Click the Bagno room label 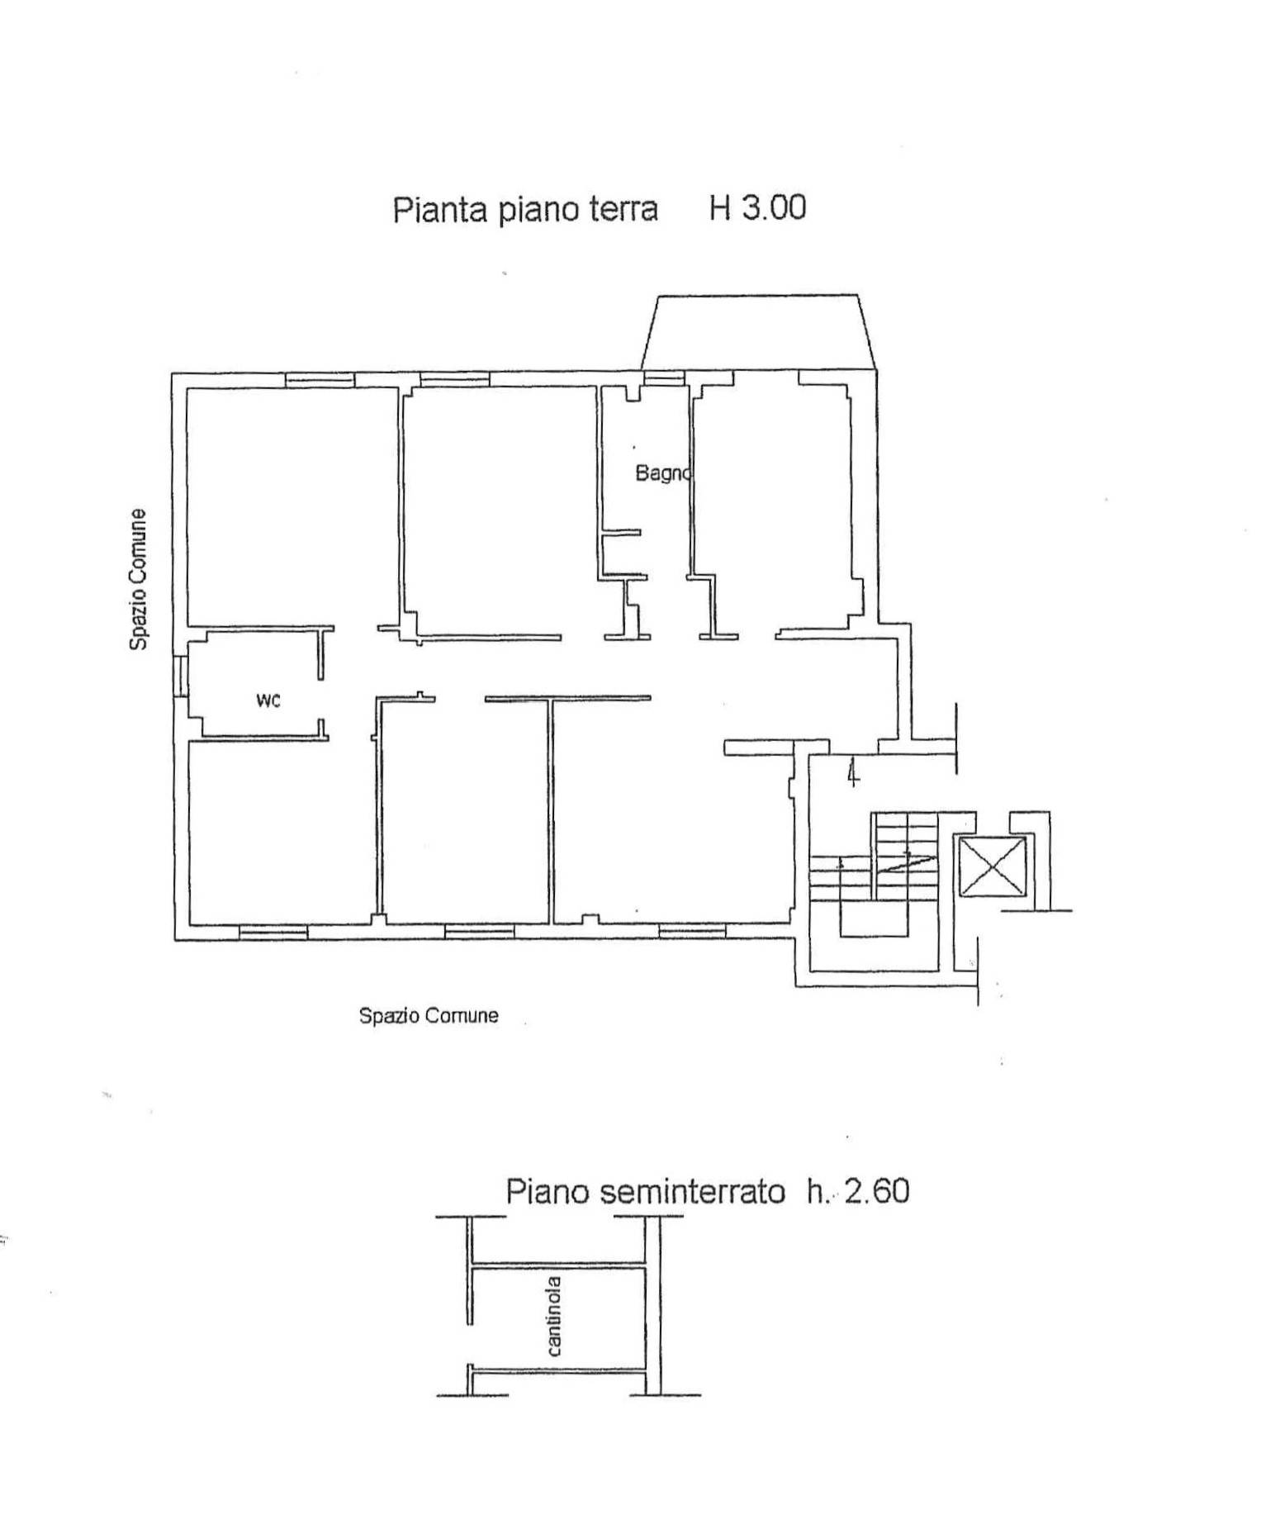click(x=661, y=473)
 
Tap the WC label click(x=268, y=700)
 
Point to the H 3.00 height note click(x=757, y=207)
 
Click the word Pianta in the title click(x=441, y=210)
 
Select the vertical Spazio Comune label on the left click(x=139, y=579)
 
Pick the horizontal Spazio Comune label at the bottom click(x=429, y=1015)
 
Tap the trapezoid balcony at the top click(x=756, y=331)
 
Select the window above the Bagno click(x=664, y=379)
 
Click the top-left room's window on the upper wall click(x=320, y=380)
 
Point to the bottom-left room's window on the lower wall click(x=273, y=932)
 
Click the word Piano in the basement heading click(x=548, y=1192)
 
